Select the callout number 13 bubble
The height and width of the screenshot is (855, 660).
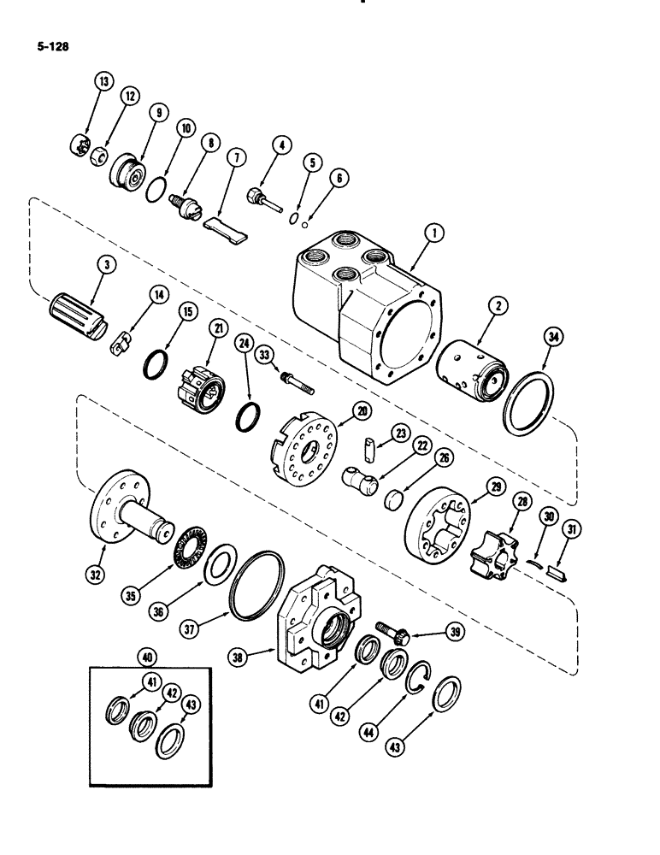coord(103,81)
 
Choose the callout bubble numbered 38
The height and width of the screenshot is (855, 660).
coord(239,657)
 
